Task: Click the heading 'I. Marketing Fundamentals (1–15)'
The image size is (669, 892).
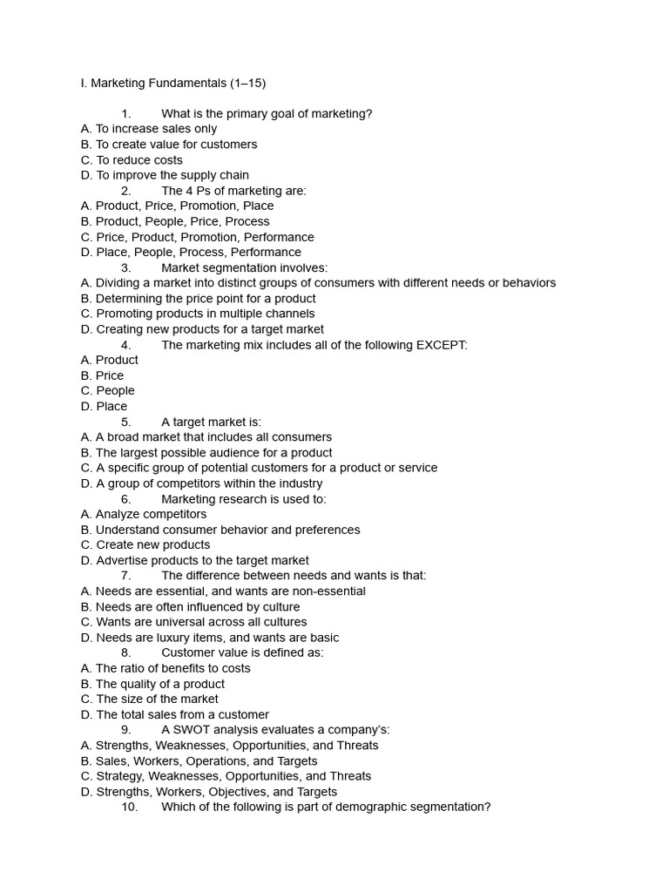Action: click(x=172, y=84)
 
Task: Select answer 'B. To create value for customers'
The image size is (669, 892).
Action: click(x=169, y=145)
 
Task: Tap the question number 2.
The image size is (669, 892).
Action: click(x=126, y=191)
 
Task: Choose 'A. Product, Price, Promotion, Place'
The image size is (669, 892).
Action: click(x=177, y=206)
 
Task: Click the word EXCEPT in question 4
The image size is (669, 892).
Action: click(x=442, y=345)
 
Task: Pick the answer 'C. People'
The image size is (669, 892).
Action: click(x=107, y=391)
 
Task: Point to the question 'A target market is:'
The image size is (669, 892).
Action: click(x=211, y=422)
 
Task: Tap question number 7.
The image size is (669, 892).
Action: click(x=126, y=576)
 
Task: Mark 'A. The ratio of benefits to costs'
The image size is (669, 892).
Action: click(x=166, y=669)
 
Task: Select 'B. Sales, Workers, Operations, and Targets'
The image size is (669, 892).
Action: click(x=199, y=761)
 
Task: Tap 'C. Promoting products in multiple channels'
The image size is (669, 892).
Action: click(x=198, y=314)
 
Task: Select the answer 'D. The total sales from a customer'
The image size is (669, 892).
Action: click(x=175, y=715)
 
